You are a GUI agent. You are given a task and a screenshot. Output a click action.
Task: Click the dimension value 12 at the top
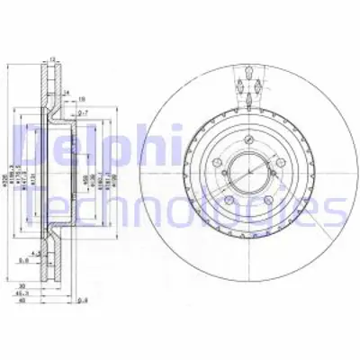click(52, 59)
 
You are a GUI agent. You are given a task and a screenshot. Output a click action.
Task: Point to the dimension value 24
click(67, 93)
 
